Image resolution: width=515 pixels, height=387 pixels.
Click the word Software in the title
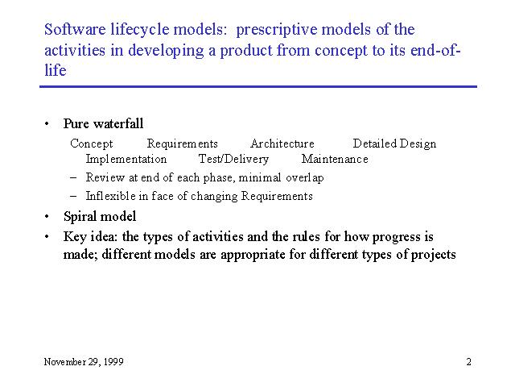[75, 29]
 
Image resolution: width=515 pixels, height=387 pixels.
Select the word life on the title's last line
[56, 70]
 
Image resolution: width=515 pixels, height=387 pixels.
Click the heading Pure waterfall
[104, 123]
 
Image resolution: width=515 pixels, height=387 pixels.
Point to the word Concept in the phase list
[91, 144]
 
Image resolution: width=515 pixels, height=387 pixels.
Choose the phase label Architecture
[282, 144]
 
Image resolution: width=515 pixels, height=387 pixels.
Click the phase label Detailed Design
[394, 144]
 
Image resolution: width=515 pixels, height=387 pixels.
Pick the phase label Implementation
[126, 160]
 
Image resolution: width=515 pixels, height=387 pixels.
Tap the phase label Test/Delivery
[233, 160]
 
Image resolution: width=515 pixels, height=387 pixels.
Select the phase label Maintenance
[335, 159]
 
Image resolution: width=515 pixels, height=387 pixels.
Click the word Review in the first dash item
[105, 177]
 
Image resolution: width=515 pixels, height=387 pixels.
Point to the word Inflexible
[111, 196]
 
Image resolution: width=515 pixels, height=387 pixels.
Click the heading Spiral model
[100, 217]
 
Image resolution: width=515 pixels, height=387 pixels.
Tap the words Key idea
[90, 237]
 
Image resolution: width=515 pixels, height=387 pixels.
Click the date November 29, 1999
[84, 362]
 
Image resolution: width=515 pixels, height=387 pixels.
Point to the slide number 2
[468, 362]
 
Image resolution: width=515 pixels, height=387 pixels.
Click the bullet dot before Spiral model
[47, 217]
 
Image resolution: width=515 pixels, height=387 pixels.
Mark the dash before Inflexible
[73, 197]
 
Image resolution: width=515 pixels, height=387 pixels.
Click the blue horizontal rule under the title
[258, 87]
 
